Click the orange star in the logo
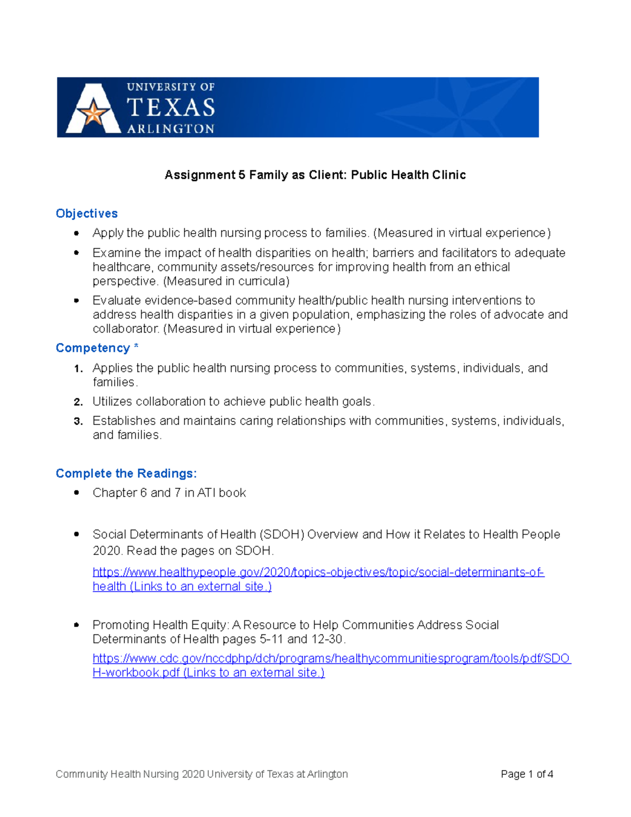94,113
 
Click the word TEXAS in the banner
171,108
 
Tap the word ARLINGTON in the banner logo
171,129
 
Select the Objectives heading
87,214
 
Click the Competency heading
93,348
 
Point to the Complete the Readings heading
126,473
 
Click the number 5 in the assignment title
242,175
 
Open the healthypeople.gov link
318,572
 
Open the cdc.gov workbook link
331,659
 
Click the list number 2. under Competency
78,402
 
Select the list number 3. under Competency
78,421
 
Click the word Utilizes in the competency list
113,401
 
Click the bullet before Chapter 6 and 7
77,493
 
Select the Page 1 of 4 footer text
527,774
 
